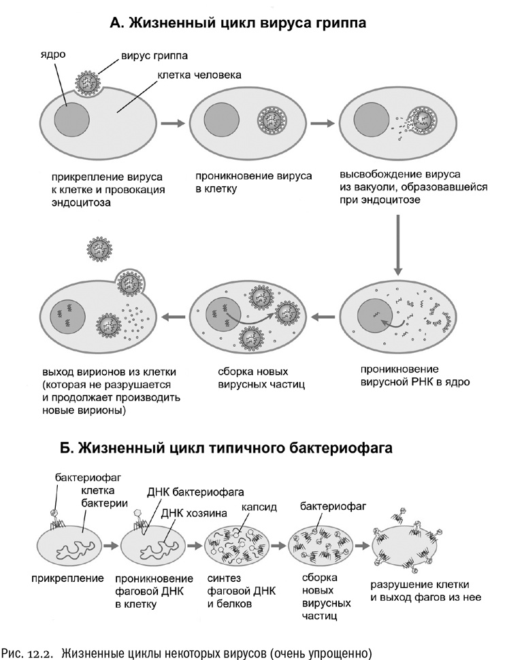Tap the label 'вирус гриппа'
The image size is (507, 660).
click(x=154, y=54)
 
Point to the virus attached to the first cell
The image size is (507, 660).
click(x=92, y=81)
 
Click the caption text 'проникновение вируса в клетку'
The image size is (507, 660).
click(x=253, y=181)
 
